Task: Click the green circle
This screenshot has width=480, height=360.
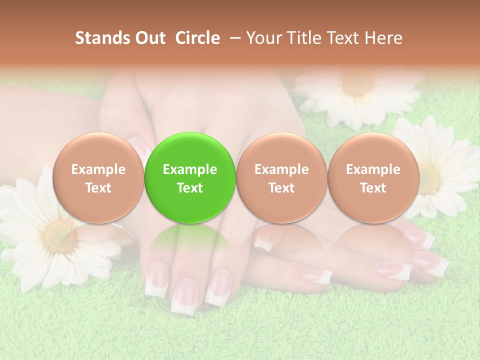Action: click(190, 177)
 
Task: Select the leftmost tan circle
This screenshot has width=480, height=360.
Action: click(98, 177)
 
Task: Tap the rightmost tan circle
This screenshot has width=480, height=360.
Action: click(373, 177)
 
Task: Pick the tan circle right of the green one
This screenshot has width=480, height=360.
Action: click(281, 177)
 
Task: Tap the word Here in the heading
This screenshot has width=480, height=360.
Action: click(384, 38)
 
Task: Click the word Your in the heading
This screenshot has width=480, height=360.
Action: click(263, 38)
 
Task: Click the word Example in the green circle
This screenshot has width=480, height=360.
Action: click(190, 169)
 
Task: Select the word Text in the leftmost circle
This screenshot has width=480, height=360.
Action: click(98, 188)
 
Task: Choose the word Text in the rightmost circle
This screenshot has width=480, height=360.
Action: click(373, 188)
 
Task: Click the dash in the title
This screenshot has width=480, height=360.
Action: click(233, 38)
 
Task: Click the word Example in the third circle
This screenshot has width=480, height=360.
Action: click(281, 169)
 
